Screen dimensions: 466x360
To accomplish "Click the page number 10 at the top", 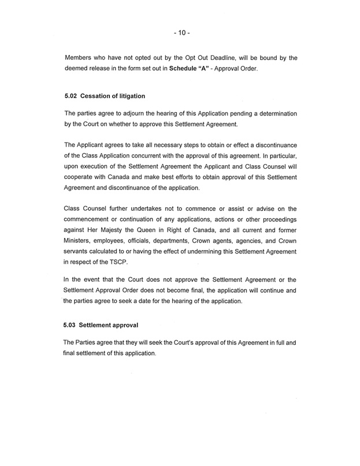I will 180,33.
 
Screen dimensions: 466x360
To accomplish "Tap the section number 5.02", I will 73,95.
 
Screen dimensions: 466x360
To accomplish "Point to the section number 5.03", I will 73,325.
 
